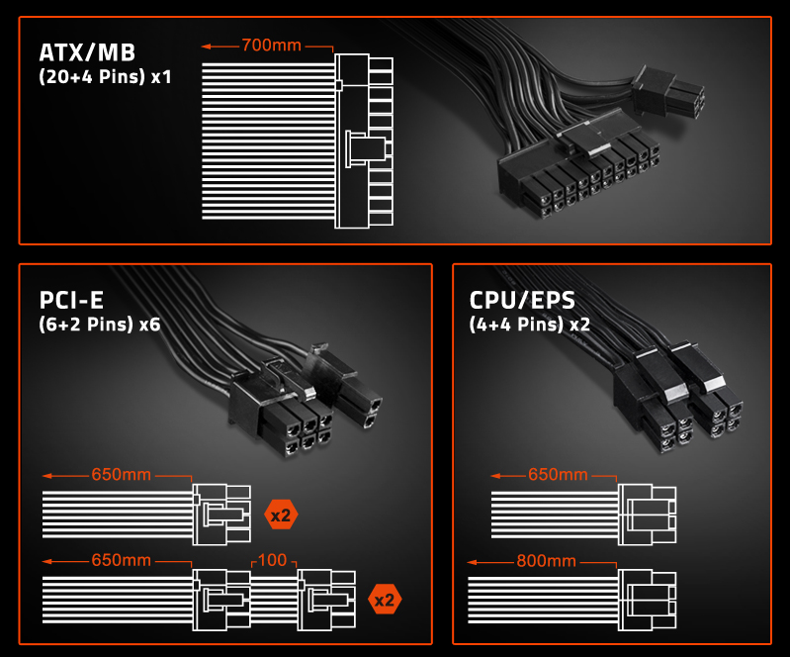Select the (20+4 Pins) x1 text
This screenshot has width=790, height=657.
[105, 75]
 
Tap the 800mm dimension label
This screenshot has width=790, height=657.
[545, 561]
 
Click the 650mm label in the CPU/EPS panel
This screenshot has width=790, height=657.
[558, 475]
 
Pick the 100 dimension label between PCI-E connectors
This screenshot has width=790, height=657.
[272, 561]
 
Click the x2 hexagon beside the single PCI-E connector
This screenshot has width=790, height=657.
[281, 514]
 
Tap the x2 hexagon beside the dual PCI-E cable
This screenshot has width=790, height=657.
[385, 600]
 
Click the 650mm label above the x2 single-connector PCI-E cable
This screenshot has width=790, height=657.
[121, 475]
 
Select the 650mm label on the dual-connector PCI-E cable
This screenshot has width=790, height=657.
[121, 561]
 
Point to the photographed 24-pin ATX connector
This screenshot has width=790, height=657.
[573, 173]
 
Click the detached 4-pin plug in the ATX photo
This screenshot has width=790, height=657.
[669, 89]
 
